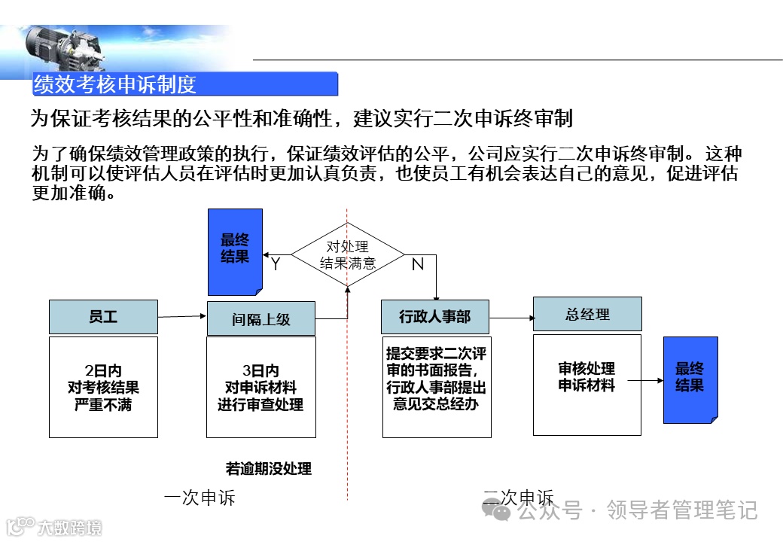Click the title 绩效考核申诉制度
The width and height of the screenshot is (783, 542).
point(114,84)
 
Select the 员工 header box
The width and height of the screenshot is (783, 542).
point(103,317)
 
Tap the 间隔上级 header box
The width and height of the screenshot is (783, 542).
point(260,319)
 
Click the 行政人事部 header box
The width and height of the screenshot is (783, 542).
point(434,317)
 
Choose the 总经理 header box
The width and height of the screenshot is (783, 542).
point(587,314)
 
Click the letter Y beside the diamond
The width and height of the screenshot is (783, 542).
point(276,264)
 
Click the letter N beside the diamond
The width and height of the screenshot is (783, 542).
point(417,264)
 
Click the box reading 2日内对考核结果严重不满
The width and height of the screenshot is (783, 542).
point(103,387)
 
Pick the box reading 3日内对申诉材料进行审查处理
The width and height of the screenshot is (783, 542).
point(260,387)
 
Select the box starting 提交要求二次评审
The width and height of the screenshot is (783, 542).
point(436,387)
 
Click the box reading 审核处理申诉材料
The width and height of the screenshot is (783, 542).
point(586,384)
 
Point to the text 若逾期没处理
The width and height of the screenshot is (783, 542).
point(268,468)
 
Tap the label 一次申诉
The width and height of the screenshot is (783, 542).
point(200,498)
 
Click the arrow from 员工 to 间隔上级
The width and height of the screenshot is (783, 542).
point(182,316)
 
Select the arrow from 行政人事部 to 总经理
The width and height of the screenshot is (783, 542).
point(511,317)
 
